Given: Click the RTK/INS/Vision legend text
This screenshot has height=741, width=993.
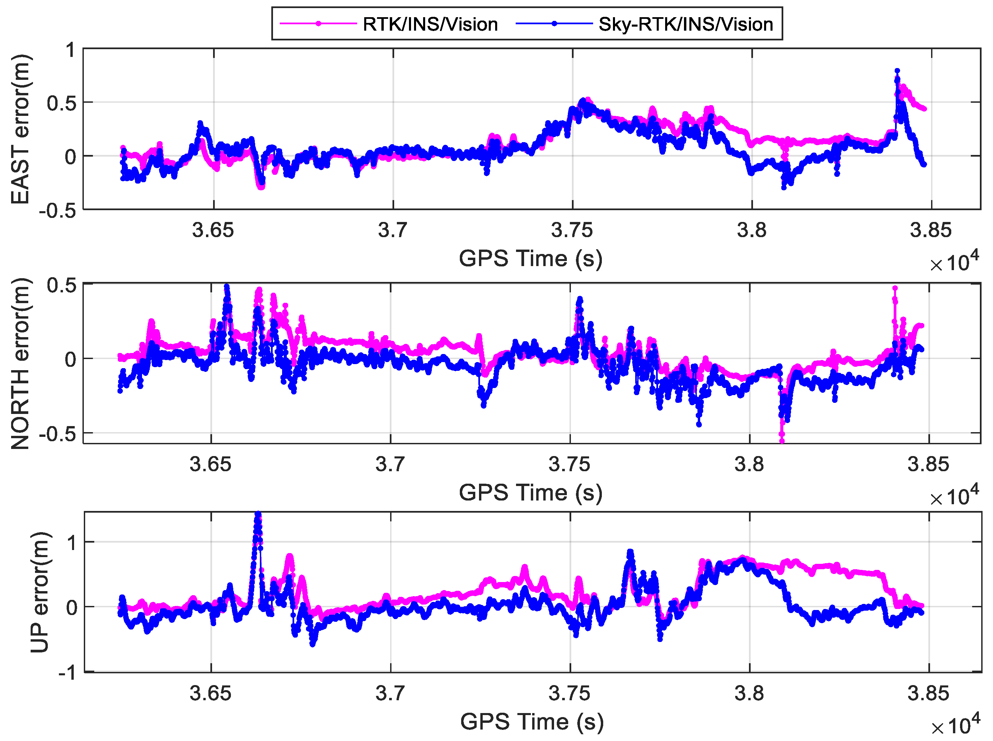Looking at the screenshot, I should point(430,24).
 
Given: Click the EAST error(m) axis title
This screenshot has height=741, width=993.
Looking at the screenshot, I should point(20,129).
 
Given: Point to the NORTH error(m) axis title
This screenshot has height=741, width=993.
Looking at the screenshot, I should point(20,363).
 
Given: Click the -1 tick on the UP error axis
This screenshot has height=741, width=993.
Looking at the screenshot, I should point(67,673).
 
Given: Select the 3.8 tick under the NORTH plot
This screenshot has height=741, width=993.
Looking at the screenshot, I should point(749,464).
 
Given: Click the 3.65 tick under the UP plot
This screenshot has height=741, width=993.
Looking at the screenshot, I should point(210,694).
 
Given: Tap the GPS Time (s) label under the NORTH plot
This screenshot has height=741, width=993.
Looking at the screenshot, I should point(530,492).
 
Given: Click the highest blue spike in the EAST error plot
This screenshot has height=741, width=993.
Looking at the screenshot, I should point(897,71).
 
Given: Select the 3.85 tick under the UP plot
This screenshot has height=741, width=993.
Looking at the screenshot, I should point(928,694).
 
